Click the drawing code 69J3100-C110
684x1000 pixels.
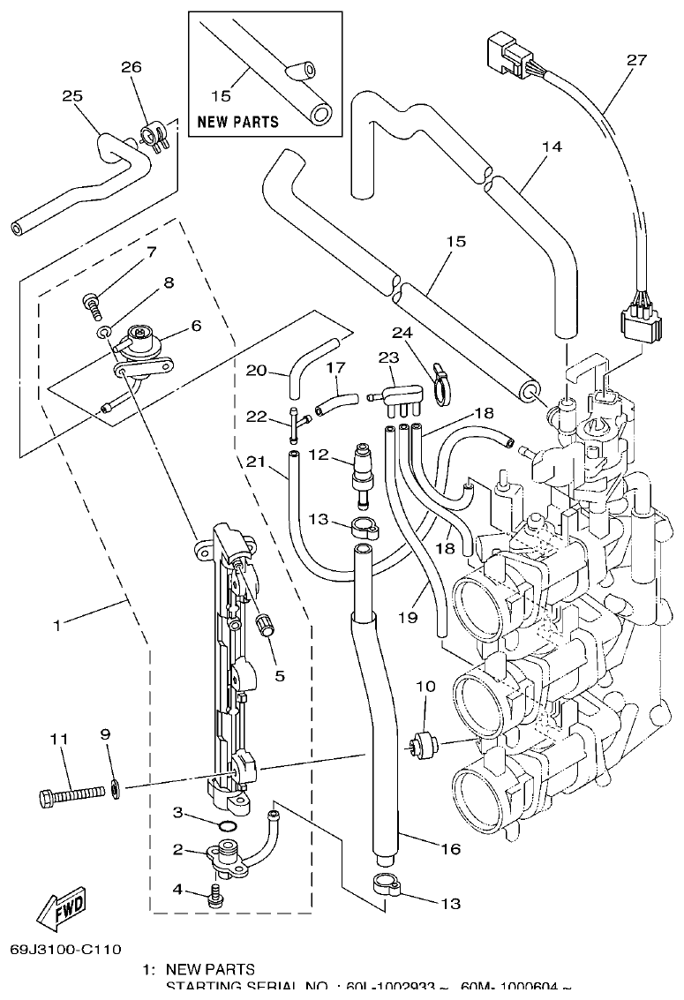(65, 950)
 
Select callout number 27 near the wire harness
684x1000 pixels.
(636, 60)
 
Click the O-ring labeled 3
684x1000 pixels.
(226, 826)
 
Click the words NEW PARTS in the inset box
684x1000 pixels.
(237, 122)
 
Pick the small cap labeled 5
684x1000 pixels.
(261, 626)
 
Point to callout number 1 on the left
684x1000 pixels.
(56, 625)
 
